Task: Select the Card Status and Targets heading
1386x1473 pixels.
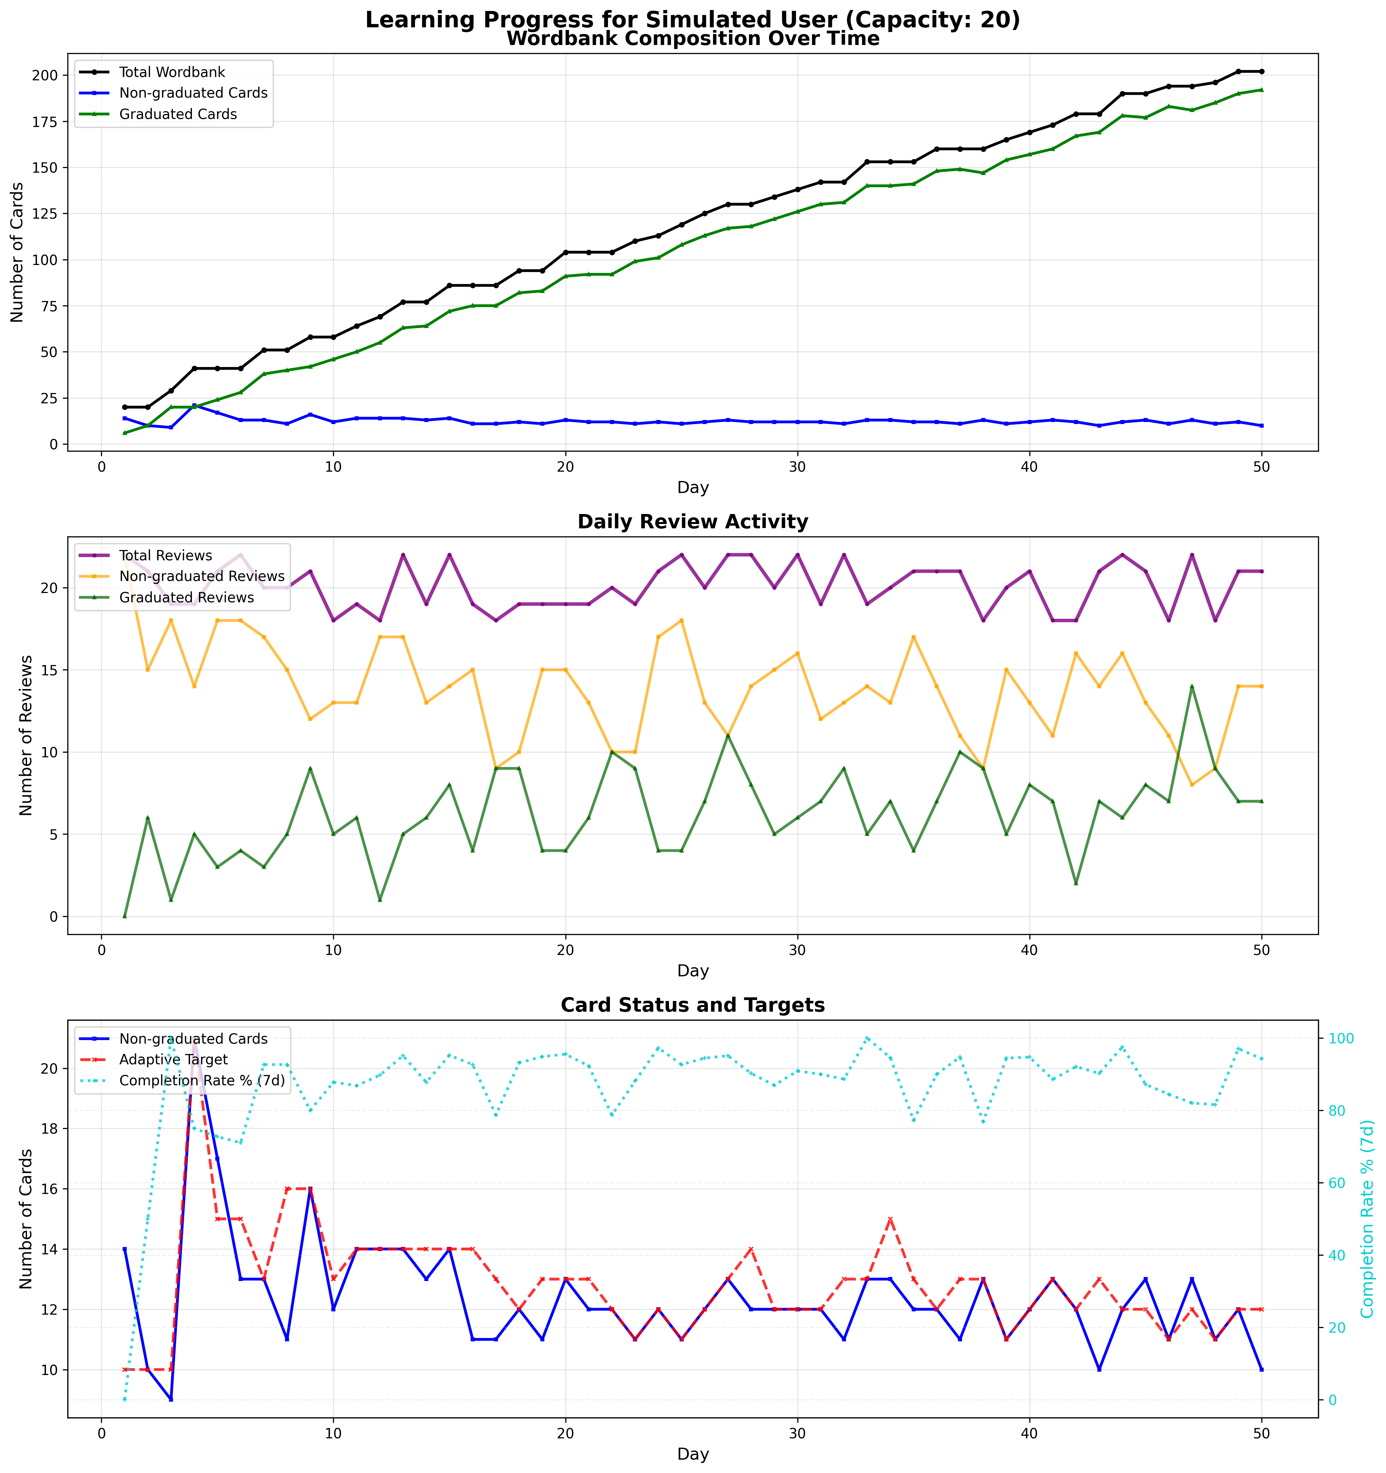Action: click(693, 1005)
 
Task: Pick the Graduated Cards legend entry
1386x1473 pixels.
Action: click(178, 114)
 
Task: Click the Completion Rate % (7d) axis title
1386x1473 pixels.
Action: click(1367, 1219)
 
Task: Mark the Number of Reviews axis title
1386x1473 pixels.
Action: click(27, 735)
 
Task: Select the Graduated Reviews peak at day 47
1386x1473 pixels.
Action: click(1192, 686)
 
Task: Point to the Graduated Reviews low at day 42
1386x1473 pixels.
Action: click(1076, 883)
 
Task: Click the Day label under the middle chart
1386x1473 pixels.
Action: click(693, 971)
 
